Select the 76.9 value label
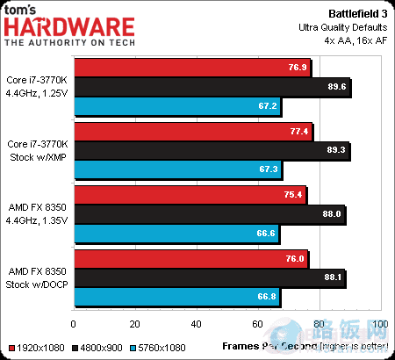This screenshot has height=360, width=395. (297, 67)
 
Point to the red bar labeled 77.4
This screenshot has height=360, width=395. (193, 132)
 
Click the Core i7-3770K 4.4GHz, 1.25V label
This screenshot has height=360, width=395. (38, 86)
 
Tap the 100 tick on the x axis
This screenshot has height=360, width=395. (379, 324)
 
